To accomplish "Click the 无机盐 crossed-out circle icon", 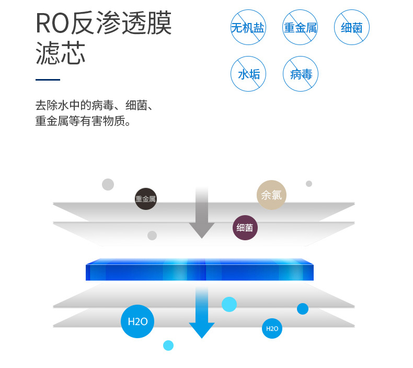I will pyautogui.click(x=248, y=27).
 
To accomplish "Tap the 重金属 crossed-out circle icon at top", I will pyautogui.click(x=300, y=27).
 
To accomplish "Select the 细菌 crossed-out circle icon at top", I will pyautogui.click(x=352, y=27).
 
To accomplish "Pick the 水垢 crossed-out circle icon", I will pyautogui.click(x=248, y=74).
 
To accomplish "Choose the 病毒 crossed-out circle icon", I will pyautogui.click(x=301, y=74).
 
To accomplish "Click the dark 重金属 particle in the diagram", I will pyautogui.click(x=146, y=199).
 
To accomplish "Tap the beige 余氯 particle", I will pyautogui.click(x=271, y=195).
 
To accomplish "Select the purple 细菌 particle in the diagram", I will pyautogui.click(x=245, y=228).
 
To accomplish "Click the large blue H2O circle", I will pyautogui.click(x=137, y=321).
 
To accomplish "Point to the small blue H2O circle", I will pyautogui.click(x=272, y=329).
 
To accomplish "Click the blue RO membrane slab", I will pyautogui.click(x=199, y=270).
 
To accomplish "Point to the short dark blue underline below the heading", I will pyautogui.click(x=48, y=80).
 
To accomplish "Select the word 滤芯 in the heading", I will pyautogui.click(x=60, y=53).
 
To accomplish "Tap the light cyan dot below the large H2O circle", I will pyautogui.click(x=168, y=345).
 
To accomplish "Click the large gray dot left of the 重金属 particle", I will pyautogui.click(x=108, y=184).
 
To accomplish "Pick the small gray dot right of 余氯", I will pyautogui.click(x=309, y=184).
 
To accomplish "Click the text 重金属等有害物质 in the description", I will pyautogui.click(x=82, y=121).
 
